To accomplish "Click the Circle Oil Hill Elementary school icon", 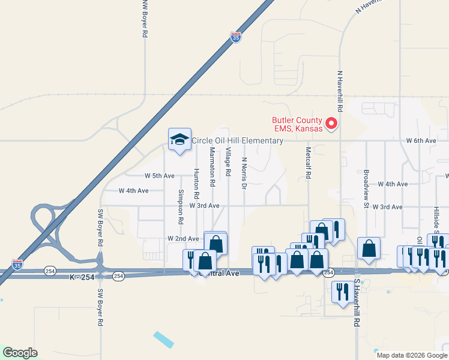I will [179, 140].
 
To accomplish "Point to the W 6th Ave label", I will [421, 140].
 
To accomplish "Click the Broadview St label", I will [365, 188].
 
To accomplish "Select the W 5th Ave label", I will [159, 176].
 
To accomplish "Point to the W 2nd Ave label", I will [184, 238].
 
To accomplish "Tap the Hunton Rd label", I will [196, 184].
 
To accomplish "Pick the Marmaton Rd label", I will [212, 168].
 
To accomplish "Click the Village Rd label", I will [228, 161].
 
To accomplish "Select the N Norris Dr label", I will [244, 173].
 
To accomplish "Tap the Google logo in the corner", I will [19, 353].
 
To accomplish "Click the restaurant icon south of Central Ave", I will [342, 292].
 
